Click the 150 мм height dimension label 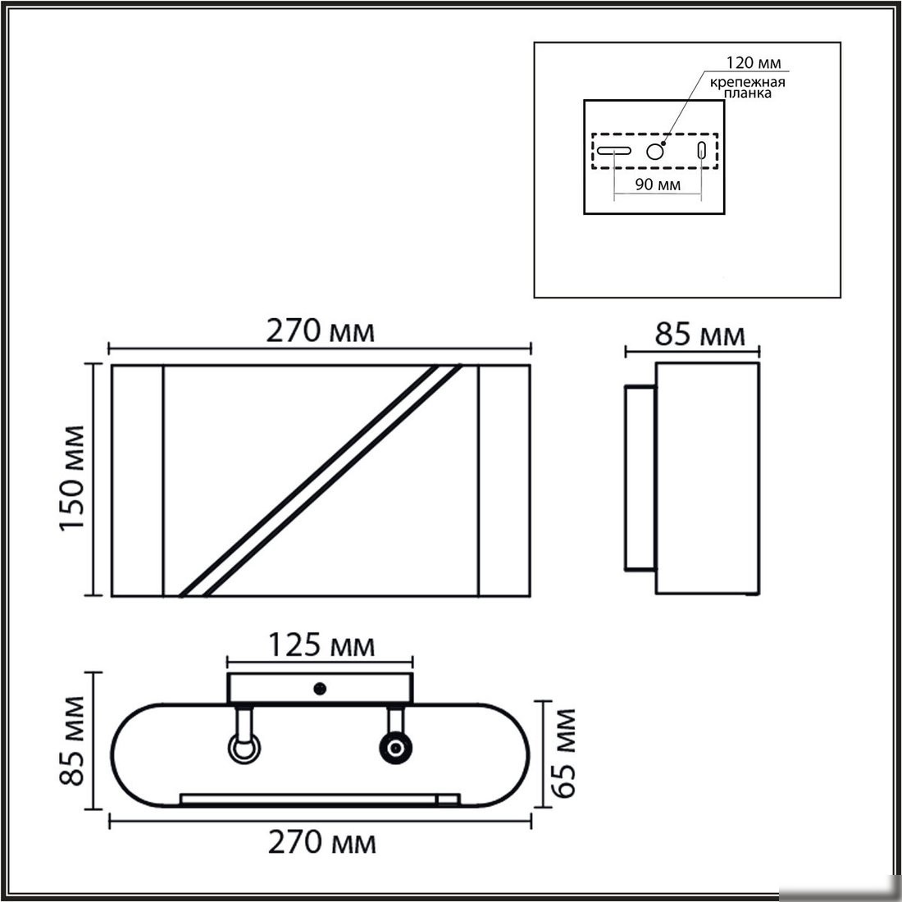coord(72,477)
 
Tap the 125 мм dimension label coord(321,645)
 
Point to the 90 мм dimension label coord(658,184)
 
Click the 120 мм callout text coord(754,62)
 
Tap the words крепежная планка coord(747,87)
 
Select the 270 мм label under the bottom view coord(322,843)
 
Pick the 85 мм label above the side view coord(699,335)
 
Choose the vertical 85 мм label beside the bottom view coord(72,740)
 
